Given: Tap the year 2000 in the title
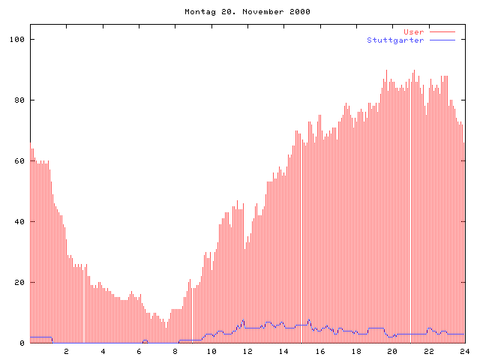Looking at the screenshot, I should point(299,12).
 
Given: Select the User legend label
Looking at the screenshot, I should point(414,32).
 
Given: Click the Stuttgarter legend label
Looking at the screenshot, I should point(395,40).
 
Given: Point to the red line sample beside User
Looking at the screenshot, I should point(442,32).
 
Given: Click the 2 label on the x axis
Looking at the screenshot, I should point(66,351).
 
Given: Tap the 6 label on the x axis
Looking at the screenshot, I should point(139,351).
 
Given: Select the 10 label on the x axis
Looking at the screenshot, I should point(211,351).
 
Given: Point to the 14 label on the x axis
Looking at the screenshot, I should point(283,351).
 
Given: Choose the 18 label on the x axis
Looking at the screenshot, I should point(356,351).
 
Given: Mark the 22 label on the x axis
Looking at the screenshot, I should point(429,351).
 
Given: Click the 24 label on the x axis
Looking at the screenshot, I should point(465,351).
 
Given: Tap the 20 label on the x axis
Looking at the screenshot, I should point(392,351).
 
